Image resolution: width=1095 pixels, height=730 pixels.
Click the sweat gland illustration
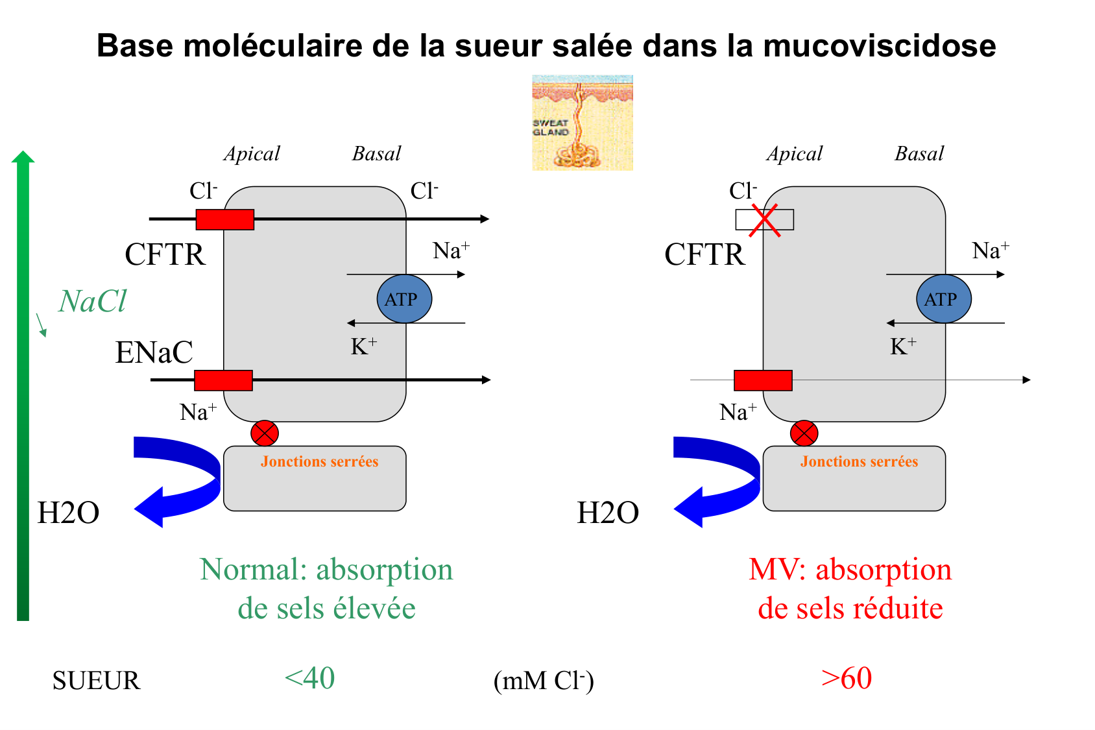click(x=582, y=123)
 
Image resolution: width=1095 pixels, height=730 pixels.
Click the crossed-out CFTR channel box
click(x=764, y=219)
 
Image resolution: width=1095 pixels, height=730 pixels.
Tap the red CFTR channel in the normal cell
click(x=224, y=219)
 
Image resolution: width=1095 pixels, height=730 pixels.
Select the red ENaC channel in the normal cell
click(x=223, y=380)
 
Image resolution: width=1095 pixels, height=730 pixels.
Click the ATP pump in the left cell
click(x=403, y=299)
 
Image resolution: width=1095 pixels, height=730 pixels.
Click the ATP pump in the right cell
click(x=943, y=299)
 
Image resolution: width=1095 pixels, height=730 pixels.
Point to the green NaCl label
click(x=92, y=302)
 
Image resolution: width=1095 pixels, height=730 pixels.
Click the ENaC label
click(x=154, y=353)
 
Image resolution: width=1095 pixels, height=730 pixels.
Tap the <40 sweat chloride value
click(x=309, y=679)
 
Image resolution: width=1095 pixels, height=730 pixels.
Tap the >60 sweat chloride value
click(x=846, y=679)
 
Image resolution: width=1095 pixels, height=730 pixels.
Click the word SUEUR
click(x=96, y=681)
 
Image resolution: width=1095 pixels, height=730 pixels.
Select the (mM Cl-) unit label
click(x=543, y=681)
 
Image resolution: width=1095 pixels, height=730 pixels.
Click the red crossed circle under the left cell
click(x=265, y=433)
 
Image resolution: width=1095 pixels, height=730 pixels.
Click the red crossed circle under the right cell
click(x=804, y=433)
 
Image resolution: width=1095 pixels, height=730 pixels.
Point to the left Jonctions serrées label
click(x=319, y=461)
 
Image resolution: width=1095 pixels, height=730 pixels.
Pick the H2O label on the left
click(x=68, y=513)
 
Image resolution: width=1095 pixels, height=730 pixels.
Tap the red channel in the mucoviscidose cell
click(x=763, y=380)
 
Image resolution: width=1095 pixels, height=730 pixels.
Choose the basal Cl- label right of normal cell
click(x=424, y=191)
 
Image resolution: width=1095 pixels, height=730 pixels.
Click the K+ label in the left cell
click(x=363, y=347)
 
